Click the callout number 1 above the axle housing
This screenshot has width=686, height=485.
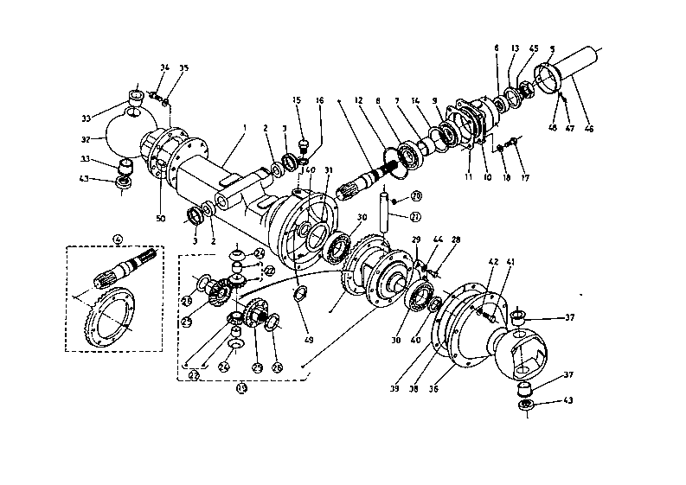coord(246,128)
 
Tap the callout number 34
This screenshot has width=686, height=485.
coord(163,67)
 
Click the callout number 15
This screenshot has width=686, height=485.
coord(297,101)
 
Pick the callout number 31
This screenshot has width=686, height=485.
coord(328,169)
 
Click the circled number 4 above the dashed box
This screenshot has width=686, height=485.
coord(118,239)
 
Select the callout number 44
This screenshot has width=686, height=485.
coord(439,239)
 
